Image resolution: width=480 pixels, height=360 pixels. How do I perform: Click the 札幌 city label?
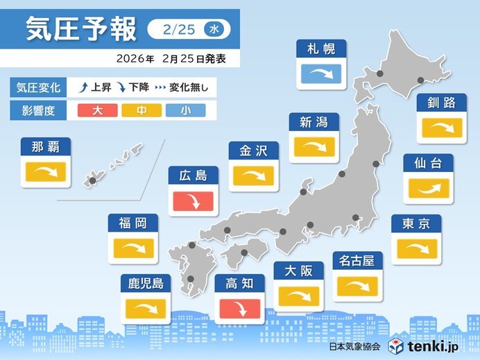[320, 49]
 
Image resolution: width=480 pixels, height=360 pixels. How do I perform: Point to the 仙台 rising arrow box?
[428, 187]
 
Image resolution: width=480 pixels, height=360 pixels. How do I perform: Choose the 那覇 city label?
[46, 146]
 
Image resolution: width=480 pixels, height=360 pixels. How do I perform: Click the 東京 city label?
[416, 223]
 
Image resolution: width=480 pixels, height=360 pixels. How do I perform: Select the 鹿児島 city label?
[146, 283]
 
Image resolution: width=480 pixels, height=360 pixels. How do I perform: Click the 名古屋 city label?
[357, 262]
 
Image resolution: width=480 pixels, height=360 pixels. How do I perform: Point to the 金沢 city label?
[253, 151]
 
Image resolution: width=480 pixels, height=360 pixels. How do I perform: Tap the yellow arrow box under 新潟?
[314, 146]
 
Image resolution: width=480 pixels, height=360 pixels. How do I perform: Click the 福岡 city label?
[132, 223]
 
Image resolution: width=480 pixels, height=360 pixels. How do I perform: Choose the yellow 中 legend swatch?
[142, 110]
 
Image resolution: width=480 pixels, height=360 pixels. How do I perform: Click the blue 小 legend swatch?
[185, 110]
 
